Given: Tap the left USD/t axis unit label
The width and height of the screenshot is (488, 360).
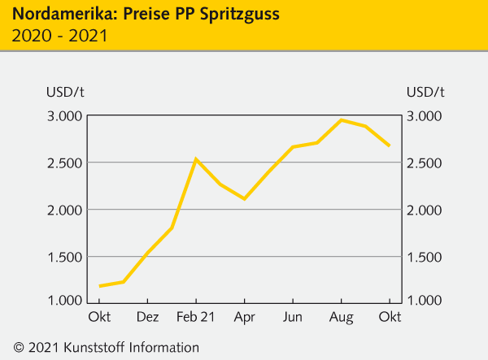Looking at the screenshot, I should pos(64,91).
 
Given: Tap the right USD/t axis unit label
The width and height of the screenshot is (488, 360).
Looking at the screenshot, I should pos(425,91).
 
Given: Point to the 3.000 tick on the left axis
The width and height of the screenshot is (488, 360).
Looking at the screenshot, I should pos(64,116).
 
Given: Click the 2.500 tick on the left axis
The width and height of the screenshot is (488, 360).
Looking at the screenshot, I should pos(64,163).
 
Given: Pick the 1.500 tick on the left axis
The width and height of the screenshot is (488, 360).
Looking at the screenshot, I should pos(64,257).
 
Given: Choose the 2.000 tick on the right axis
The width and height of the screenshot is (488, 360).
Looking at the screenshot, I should pos(425,210).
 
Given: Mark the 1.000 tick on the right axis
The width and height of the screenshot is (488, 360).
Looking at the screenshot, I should pos(425,301).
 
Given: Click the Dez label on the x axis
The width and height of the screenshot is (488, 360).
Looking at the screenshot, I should pos(147,316).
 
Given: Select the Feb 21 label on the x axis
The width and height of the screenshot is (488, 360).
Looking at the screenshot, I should pos(195,316).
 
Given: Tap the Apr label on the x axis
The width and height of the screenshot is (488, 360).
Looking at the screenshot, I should pos(244,316).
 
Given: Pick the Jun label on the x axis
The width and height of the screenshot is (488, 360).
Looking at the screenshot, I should pos(293,316).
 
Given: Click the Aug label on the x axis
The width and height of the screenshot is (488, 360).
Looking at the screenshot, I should pos(341,316).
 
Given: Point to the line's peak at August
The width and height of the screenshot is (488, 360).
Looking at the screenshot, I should pos(342,120).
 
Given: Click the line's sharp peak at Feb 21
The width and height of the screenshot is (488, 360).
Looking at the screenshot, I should pos(196,159).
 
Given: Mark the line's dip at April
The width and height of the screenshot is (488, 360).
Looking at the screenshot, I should pos(244,198).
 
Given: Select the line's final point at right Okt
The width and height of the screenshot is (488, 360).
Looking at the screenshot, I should pos(390,145).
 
